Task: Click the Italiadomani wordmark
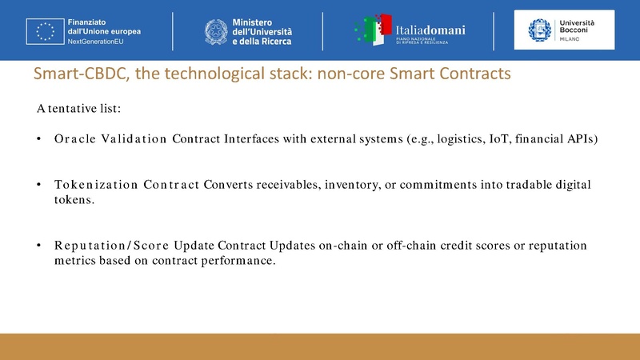coord(430,28)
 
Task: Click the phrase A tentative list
coord(78,107)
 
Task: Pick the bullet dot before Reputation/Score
coord(39,245)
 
